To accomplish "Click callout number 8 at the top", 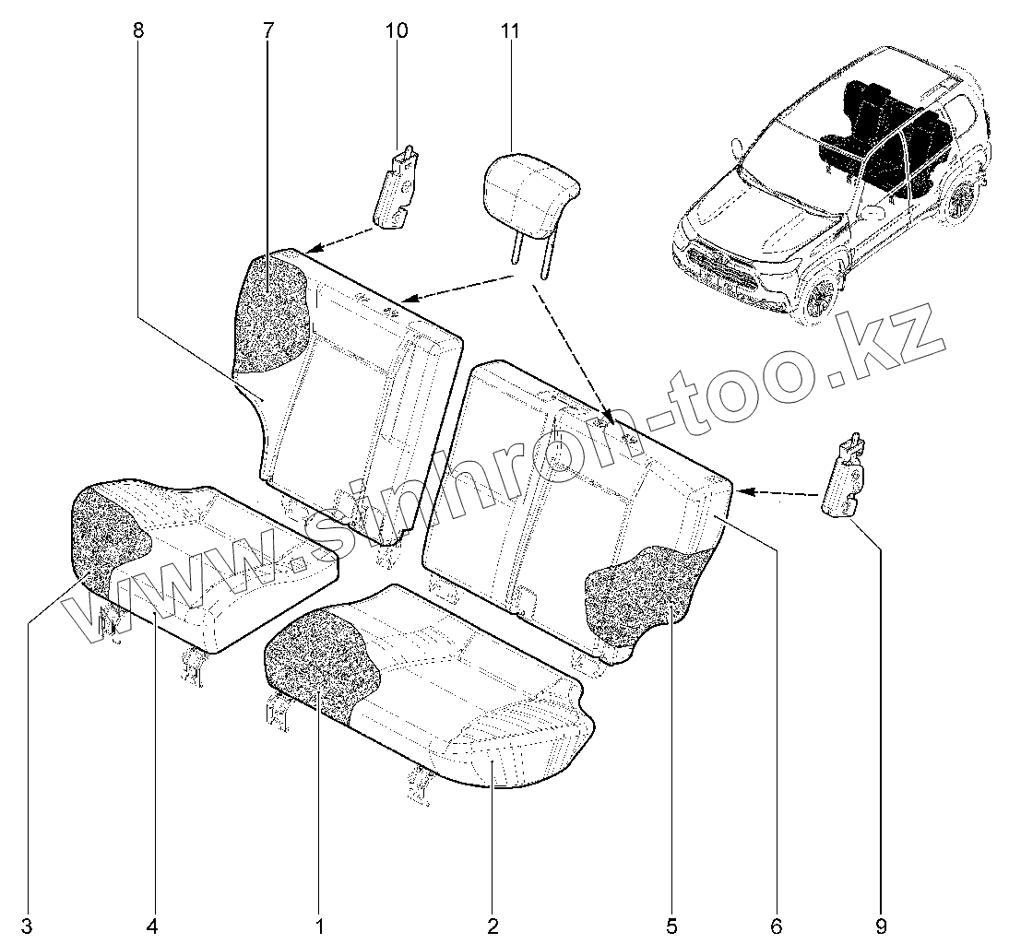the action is (138, 30).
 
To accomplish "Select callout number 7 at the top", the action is (267, 30).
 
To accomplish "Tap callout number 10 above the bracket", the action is (397, 30).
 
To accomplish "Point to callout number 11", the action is (510, 30).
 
